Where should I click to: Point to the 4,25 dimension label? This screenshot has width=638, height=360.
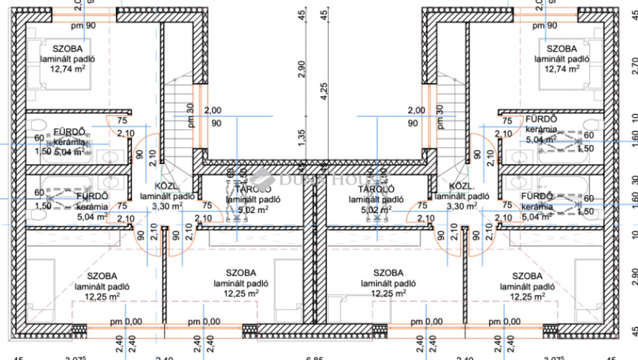click(323, 92)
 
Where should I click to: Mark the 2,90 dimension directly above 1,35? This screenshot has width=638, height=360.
click(302, 69)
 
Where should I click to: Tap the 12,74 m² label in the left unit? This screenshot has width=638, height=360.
click(67, 70)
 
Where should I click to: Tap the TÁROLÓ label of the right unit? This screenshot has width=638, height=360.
click(371, 189)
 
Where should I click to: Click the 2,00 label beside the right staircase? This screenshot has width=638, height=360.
click(416, 110)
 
